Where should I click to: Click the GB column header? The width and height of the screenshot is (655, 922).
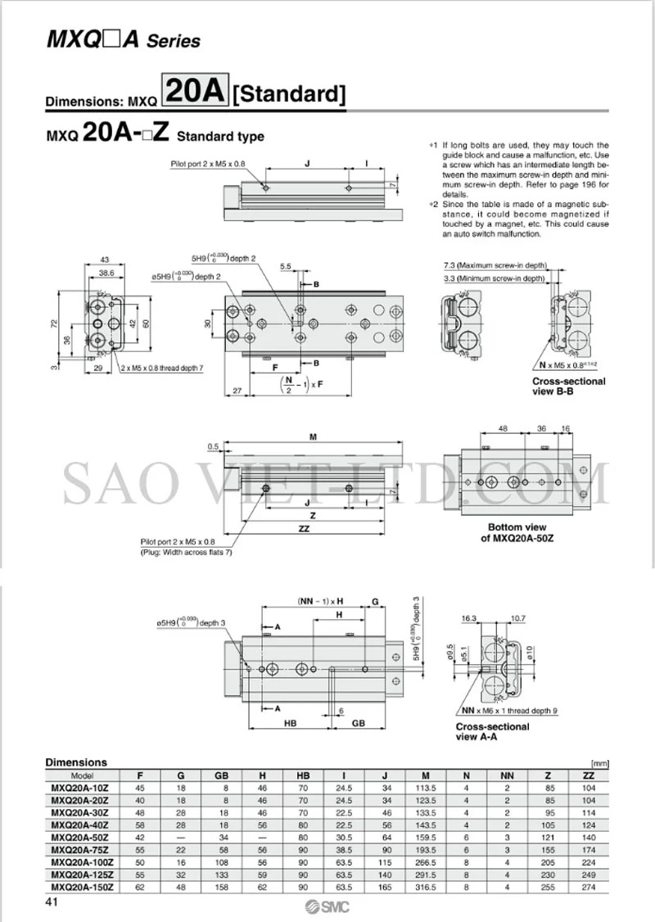point(221,775)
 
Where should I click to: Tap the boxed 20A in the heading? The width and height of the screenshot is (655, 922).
point(196,92)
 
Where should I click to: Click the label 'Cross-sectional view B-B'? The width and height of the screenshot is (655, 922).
point(569,386)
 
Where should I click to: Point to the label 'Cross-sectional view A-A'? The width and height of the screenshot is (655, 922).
point(492,731)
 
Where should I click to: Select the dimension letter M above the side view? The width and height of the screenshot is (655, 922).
point(313,437)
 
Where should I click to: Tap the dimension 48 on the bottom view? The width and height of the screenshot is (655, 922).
point(503,428)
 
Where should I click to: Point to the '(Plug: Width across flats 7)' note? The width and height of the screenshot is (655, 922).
point(185,553)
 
